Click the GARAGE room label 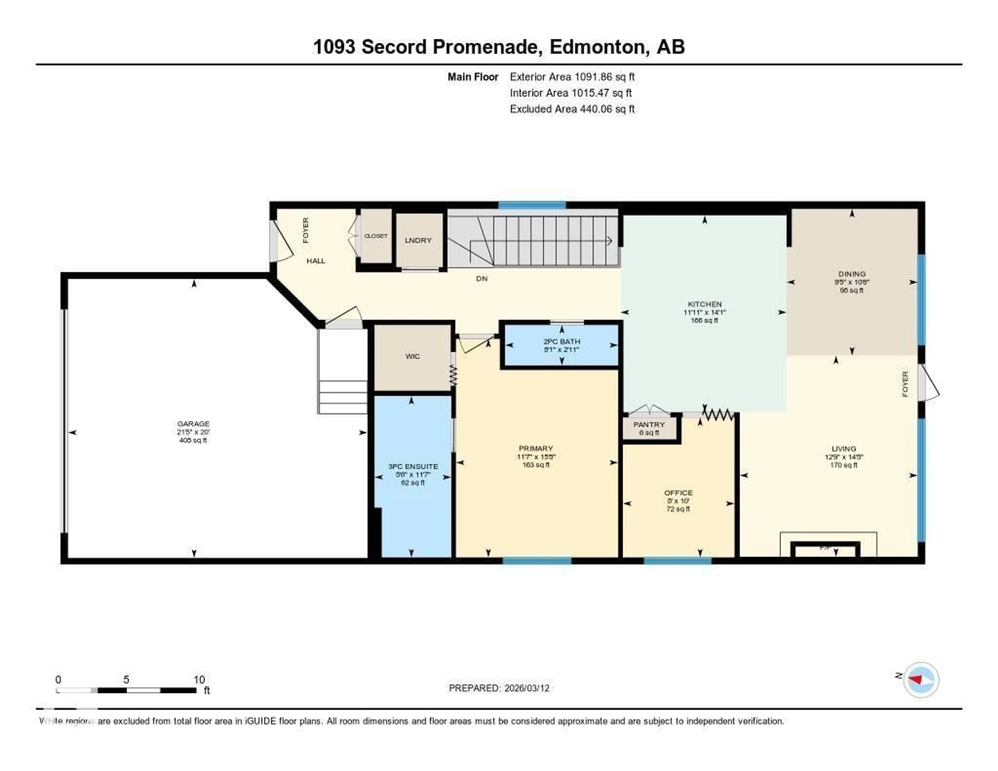(x=193, y=424)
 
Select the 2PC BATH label (x=562, y=341)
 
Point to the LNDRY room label (x=418, y=240)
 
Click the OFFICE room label (x=678, y=493)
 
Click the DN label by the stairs (x=482, y=278)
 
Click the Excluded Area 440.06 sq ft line (x=572, y=109)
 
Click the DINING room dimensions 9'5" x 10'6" (x=851, y=282)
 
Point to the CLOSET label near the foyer (x=376, y=236)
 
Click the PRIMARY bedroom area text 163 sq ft (x=536, y=465)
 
